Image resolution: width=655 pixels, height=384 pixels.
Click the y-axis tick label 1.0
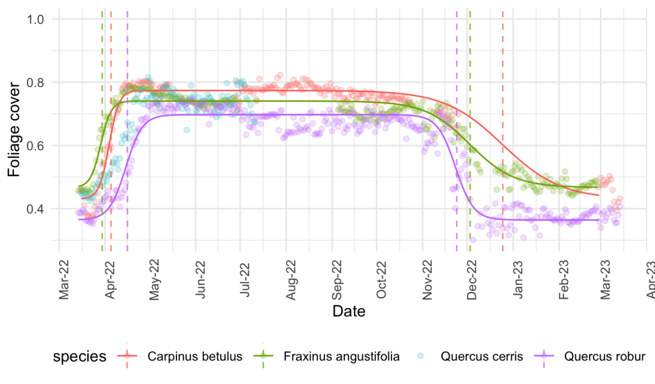(x=35, y=20)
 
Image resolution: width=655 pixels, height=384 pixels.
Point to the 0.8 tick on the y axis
(x=35, y=83)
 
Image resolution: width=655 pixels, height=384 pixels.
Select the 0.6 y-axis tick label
(x=35, y=146)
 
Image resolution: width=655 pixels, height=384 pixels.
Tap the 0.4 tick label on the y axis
(x=35, y=209)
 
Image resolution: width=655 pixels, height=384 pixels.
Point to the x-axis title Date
(x=349, y=312)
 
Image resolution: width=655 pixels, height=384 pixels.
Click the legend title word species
(x=79, y=357)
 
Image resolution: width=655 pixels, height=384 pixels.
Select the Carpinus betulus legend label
(x=194, y=357)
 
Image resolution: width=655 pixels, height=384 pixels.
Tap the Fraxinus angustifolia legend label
(x=341, y=357)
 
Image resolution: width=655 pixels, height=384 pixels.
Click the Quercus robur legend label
(x=604, y=357)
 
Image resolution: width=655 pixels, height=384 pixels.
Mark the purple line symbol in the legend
(x=544, y=356)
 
